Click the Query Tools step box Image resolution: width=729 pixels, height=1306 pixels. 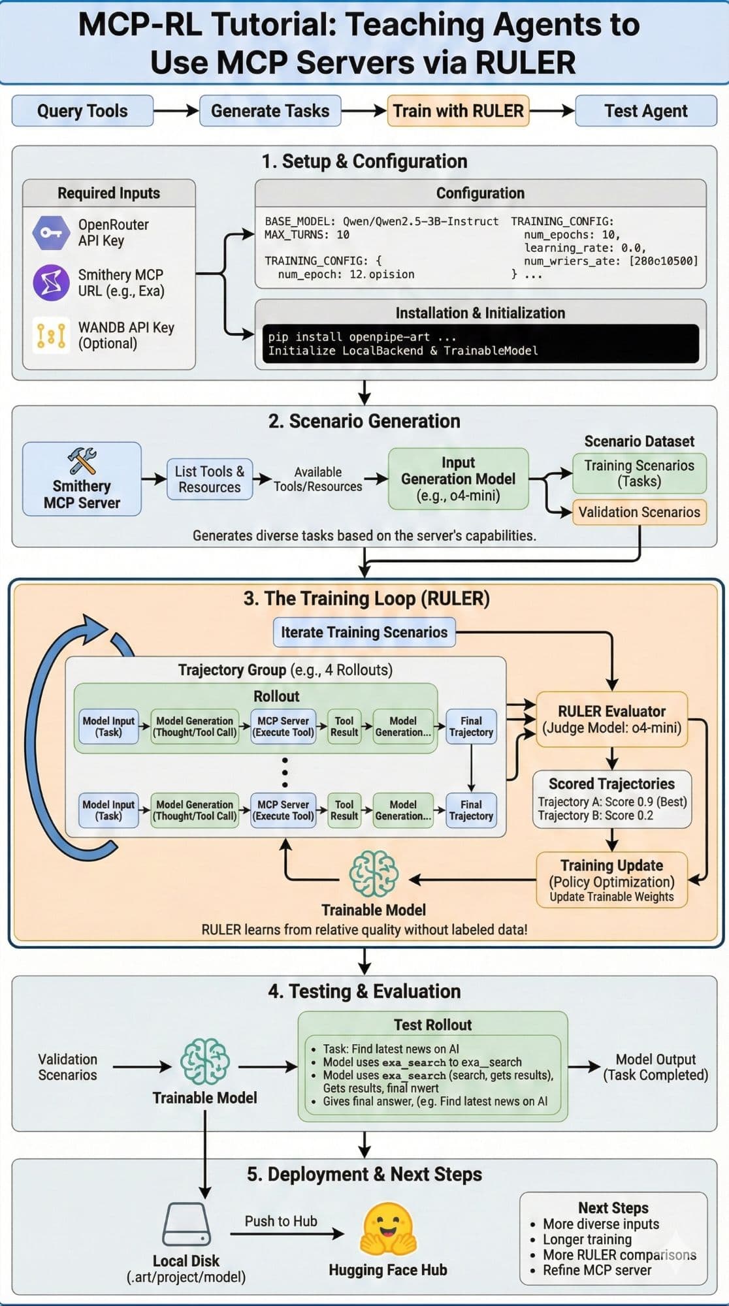[x=82, y=111]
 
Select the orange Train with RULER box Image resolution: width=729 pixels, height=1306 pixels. [x=458, y=111]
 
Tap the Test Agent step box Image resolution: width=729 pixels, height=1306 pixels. [x=645, y=111]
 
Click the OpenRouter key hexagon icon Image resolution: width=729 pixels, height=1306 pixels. [x=51, y=232]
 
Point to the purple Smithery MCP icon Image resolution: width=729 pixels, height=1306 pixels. [x=51, y=282]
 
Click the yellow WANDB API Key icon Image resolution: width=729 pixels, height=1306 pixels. [x=51, y=335]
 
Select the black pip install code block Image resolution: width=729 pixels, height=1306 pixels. [x=480, y=343]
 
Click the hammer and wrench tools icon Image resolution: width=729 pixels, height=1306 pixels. [x=82, y=461]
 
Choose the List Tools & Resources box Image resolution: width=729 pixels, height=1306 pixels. [x=210, y=479]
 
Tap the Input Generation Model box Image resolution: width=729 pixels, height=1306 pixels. [x=458, y=479]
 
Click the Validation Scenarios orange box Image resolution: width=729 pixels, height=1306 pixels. [x=639, y=512]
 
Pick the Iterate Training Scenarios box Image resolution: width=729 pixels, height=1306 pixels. [x=364, y=632]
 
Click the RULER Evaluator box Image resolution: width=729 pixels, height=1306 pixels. [x=611, y=720]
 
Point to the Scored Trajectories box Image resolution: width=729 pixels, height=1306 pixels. [x=611, y=799]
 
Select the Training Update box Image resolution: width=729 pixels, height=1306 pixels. [x=611, y=880]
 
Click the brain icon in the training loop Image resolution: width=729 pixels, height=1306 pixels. [x=374, y=874]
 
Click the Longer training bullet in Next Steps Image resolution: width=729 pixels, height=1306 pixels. [x=587, y=1239]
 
